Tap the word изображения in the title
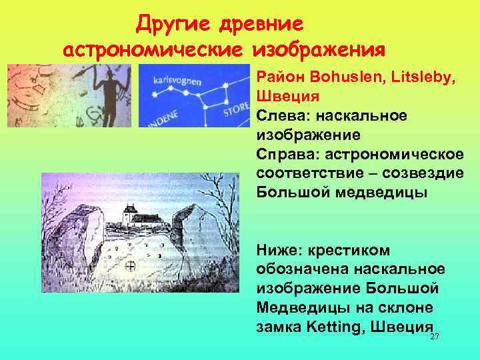319,51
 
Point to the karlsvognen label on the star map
177,79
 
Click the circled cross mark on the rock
131,266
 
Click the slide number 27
435,338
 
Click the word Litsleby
421,79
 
